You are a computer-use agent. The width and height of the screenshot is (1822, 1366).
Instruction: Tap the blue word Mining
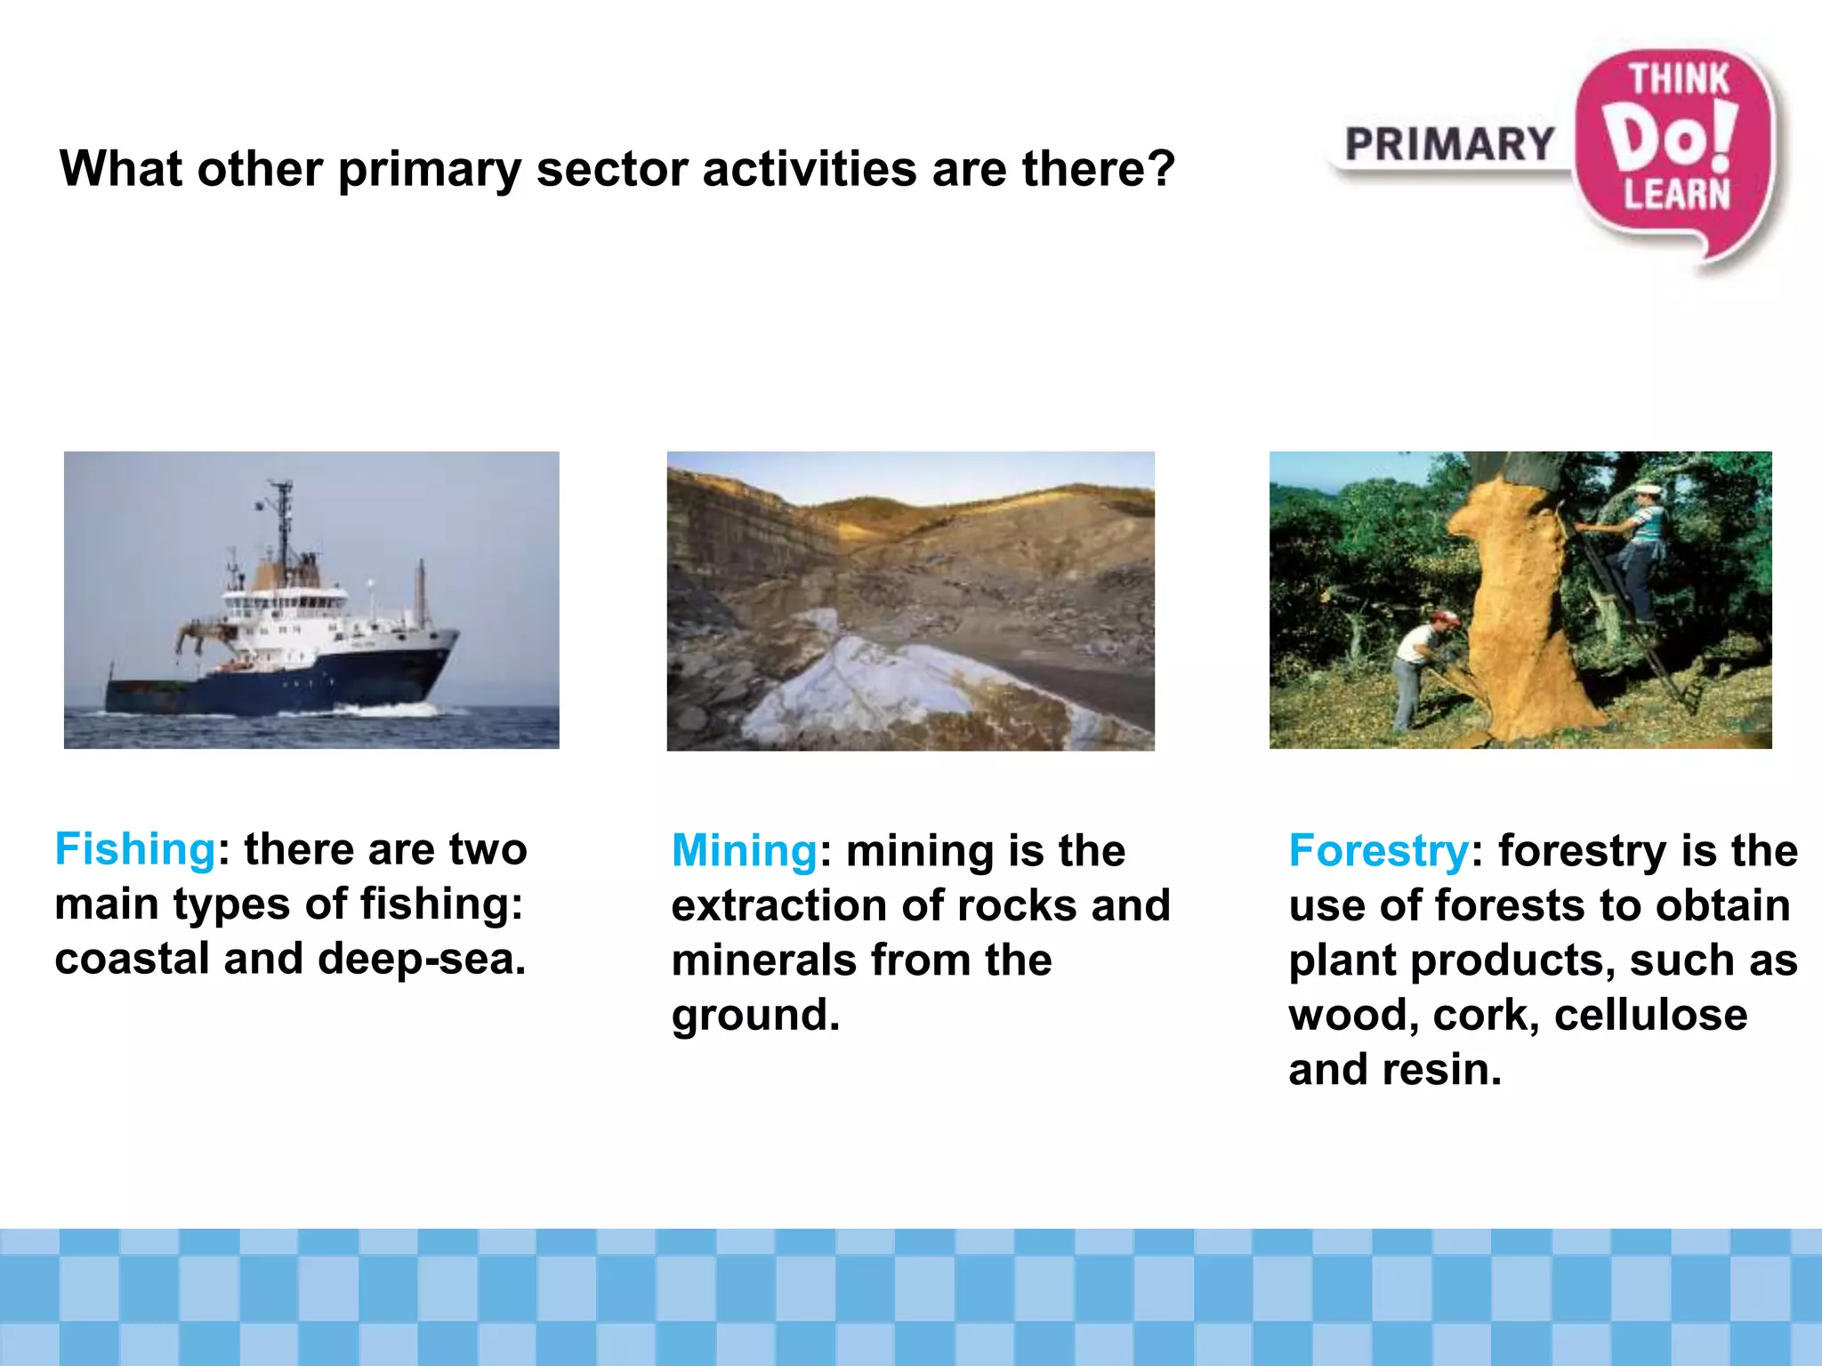click(x=744, y=851)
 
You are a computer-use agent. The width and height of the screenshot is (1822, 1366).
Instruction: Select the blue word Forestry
click(x=1378, y=851)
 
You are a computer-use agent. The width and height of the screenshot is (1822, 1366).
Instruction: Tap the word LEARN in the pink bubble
click(x=1677, y=195)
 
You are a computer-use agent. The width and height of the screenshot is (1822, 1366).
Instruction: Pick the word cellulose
click(x=1650, y=1016)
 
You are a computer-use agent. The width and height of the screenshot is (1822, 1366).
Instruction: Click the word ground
click(x=754, y=1016)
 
